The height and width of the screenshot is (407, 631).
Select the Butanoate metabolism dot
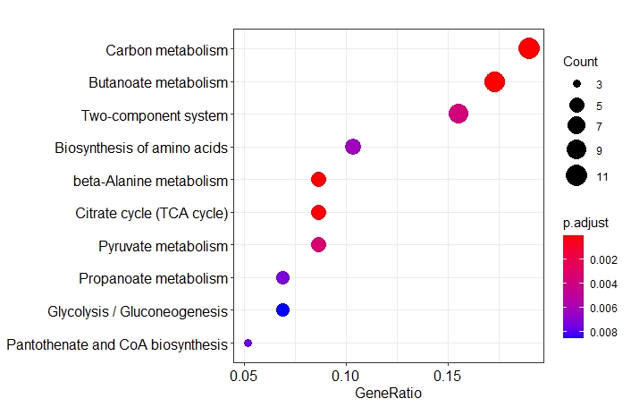[x=494, y=82]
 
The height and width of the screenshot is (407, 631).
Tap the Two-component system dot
[x=459, y=114]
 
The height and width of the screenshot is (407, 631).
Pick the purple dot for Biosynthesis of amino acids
[x=352, y=147]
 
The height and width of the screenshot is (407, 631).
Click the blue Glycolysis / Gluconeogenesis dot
[x=282, y=310]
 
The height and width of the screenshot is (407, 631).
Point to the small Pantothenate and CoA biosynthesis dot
[x=248, y=343]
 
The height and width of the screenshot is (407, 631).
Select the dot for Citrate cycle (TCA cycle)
[x=318, y=212]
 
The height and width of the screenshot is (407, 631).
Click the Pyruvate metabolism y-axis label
[x=164, y=245]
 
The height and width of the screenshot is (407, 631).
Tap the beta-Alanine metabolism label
[x=151, y=180]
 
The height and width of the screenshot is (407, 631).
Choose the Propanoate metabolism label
[x=154, y=278]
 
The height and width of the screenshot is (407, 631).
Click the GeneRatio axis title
[x=388, y=392]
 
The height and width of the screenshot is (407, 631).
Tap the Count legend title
[x=580, y=62]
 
